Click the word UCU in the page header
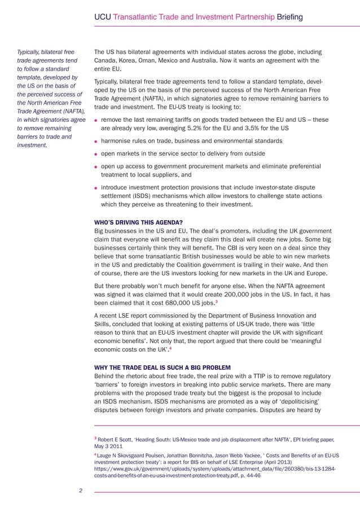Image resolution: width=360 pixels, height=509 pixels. click(103, 17)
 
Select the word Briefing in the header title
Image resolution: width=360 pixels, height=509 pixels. click(289, 17)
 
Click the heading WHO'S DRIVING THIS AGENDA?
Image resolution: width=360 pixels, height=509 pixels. click(138, 221)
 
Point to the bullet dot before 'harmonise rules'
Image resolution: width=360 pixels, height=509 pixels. click(96, 141)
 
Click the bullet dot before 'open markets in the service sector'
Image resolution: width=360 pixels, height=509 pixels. click(96, 154)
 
